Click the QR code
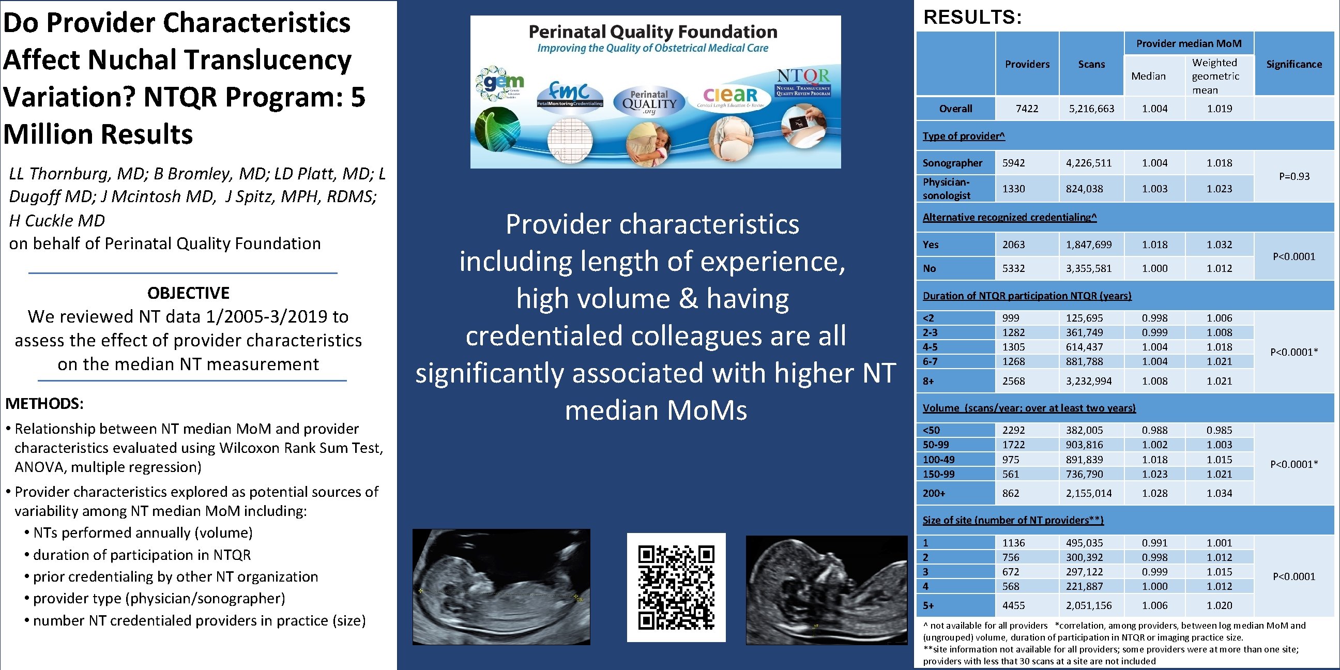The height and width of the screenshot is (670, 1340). tap(676, 587)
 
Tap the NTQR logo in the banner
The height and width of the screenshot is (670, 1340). tap(803, 83)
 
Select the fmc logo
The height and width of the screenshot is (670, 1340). tap(569, 94)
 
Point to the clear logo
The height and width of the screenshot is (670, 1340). tap(730, 96)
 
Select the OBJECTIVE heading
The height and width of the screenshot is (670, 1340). tap(188, 293)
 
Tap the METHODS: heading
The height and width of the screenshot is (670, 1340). tap(44, 403)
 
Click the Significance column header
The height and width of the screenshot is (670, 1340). tap(1293, 64)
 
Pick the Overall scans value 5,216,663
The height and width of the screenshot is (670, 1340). tap(1091, 109)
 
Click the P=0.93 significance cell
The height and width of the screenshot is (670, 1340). tap(1293, 176)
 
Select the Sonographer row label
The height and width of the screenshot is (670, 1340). tap(952, 163)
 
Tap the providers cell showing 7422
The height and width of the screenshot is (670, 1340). tap(1026, 109)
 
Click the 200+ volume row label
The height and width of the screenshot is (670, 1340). tap(934, 493)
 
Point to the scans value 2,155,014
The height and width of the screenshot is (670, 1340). tap(1088, 493)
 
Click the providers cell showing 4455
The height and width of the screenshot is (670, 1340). tap(1013, 605)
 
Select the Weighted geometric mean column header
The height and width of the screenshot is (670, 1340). tap(1215, 76)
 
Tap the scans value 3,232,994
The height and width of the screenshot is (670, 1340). tap(1088, 382)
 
